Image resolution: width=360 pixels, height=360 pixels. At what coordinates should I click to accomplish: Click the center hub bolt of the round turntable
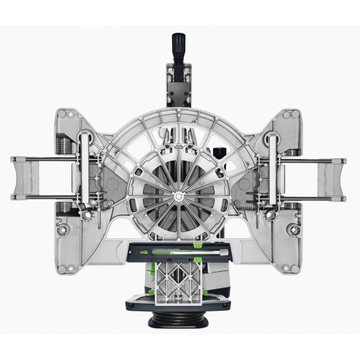click(x=178, y=196)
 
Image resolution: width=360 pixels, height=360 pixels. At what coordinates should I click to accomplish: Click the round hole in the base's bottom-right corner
click(x=292, y=229)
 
